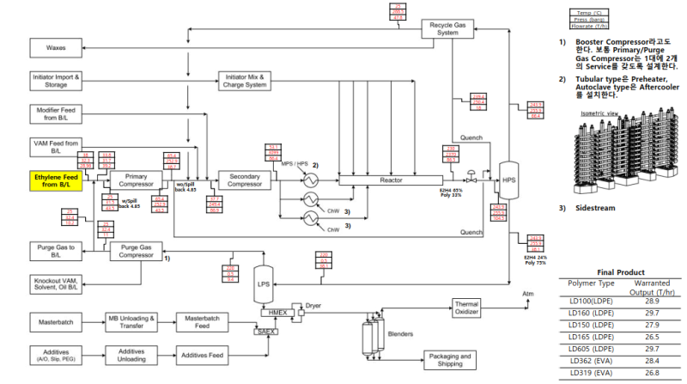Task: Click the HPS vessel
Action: [x=508, y=180]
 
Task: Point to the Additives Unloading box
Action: [x=130, y=354]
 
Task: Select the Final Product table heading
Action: [x=620, y=271]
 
